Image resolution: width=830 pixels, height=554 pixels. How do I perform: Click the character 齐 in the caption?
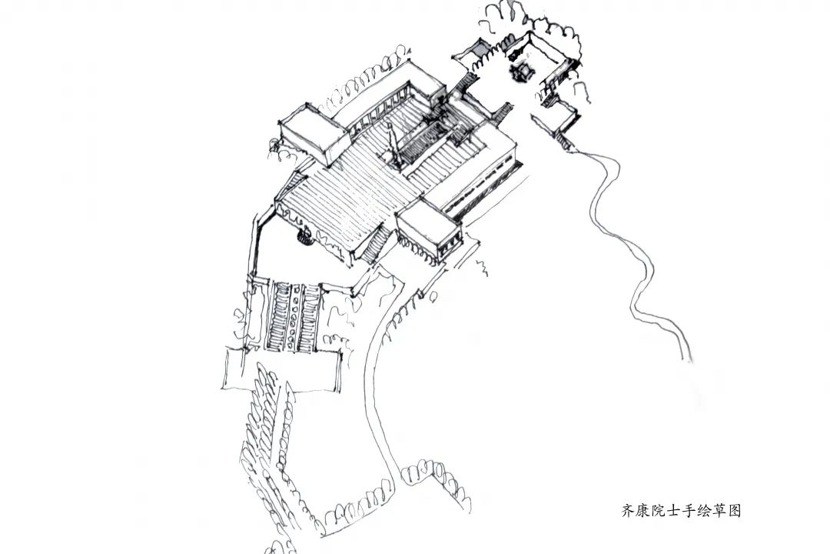pyautogui.click(x=627, y=510)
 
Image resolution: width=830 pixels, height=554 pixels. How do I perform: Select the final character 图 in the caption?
pyautogui.click(x=734, y=510)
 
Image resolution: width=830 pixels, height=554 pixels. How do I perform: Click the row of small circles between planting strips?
pyautogui.click(x=293, y=315)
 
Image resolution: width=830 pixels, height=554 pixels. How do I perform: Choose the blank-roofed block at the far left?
pyautogui.click(x=307, y=135)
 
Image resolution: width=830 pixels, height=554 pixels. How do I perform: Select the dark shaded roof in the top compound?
pyautogui.click(x=478, y=49)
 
